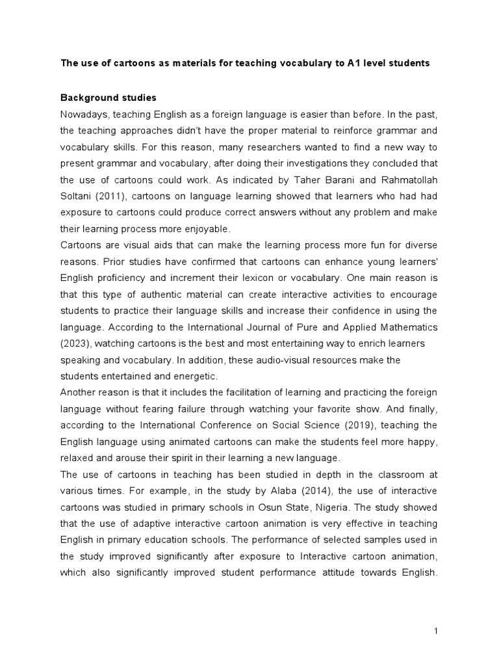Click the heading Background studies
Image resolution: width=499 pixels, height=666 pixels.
click(109, 98)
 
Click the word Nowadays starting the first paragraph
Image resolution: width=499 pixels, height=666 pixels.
click(84, 114)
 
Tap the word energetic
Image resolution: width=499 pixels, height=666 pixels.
click(198, 376)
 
